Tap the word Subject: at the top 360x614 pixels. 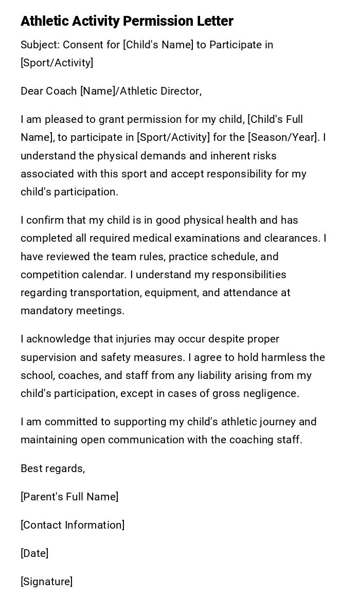pyautogui.click(x=40, y=45)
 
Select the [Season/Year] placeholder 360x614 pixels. pyautogui.click(x=285, y=137)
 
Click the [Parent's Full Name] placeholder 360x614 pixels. pyautogui.click(x=69, y=497)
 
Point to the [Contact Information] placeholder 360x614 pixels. pyautogui.click(x=73, y=525)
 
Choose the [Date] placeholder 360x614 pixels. pyautogui.click(x=34, y=553)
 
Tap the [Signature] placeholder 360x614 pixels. pyautogui.click(x=46, y=582)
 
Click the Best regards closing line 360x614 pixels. pyautogui.click(x=52, y=468)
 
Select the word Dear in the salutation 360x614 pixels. pyautogui.click(x=32, y=91)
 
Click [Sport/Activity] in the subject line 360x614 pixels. pyautogui.click(x=57, y=63)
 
